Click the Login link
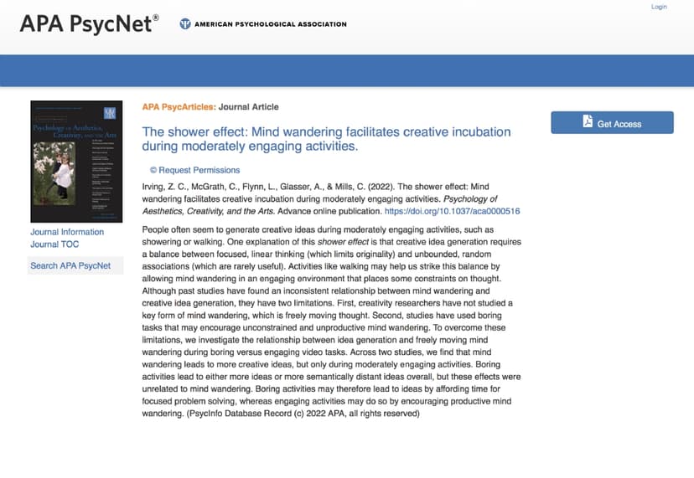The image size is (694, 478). click(x=659, y=7)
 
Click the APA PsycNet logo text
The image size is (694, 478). click(x=89, y=24)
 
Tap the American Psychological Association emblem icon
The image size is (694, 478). click(x=185, y=24)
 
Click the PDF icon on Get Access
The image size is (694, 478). click(x=588, y=122)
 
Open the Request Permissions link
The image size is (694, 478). click(x=194, y=170)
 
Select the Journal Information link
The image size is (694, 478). click(x=67, y=232)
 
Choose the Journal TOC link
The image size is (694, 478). click(x=55, y=244)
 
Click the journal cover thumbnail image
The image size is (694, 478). click(x=76, y=161)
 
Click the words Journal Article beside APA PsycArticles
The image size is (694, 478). click(x=249, y=107)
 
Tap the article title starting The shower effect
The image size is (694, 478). click(x=326, y=139)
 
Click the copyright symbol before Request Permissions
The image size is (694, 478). click(x=153, y=170)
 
